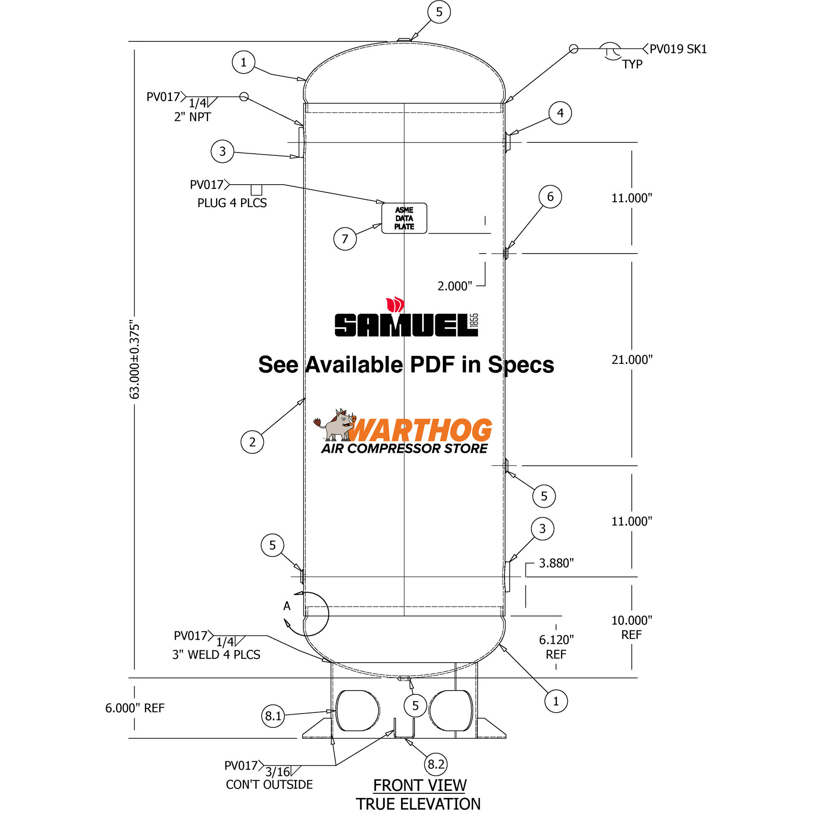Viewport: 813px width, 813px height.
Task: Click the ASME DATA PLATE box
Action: [x=404, y=218]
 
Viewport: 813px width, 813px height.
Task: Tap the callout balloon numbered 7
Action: [x=345, y=239]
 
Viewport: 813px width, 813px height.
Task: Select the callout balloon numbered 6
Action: [x=550, y=196]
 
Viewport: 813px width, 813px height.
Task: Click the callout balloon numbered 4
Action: [x=560, y=113]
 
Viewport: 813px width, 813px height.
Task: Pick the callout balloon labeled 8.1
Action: [x=273, y=715]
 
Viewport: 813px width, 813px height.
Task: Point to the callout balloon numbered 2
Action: [x=252, y=442]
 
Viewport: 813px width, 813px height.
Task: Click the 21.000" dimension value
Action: [x=632, y=360]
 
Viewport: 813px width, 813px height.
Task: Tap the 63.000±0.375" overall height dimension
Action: [x=134, y=360]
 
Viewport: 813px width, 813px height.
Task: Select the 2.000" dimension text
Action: [x=455, y=286]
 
